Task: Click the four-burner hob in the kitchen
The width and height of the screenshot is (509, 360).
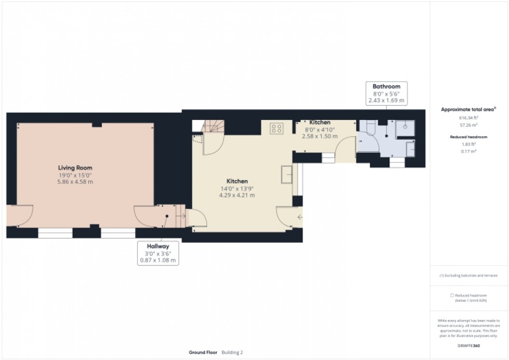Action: (x=276, y=128)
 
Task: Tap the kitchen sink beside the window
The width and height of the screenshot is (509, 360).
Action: (x=285, y=175)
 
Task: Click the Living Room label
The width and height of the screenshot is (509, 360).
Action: (x=75, y=168)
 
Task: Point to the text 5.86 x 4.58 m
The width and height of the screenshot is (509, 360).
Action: (x=75, y=182)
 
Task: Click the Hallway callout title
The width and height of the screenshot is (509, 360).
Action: (x=158, y=246)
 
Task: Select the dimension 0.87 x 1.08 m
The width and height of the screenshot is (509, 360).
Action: (x=158, y=260)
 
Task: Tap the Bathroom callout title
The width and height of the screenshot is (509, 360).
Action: (x=386, y=86)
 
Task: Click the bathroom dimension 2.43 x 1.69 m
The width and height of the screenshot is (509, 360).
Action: (x=386, y=100)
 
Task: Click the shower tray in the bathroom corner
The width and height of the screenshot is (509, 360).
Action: (x=405, y=129)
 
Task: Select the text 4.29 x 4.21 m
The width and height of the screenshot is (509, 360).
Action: (x=236, y=195)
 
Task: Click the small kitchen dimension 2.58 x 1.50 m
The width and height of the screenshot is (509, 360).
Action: (x=319, y=136)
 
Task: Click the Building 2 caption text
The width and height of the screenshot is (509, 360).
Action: (x=232, y=352)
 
